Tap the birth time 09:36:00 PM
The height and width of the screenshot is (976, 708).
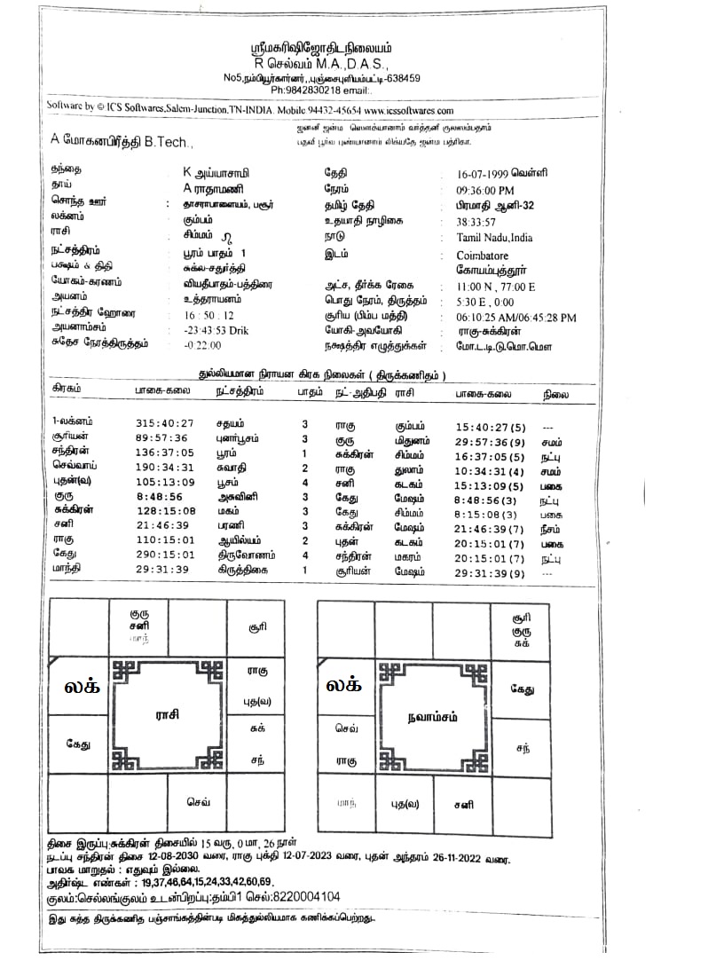tap(484, 189)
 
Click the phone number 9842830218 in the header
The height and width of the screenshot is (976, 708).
tap(311, 90)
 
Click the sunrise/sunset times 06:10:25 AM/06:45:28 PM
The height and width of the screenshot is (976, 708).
tap(515, 317)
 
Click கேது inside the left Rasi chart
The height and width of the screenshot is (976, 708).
tap(78, 744)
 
